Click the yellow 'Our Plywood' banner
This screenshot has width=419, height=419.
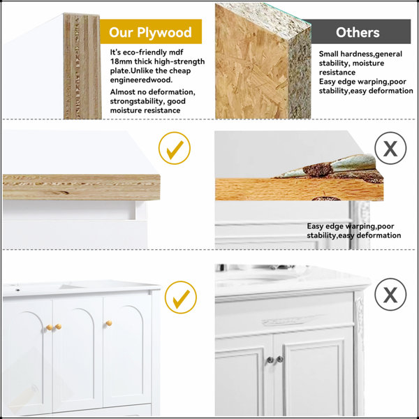(151, 31)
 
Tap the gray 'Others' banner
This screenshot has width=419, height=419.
(358, 31)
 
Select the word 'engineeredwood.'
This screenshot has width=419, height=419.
(141, 80)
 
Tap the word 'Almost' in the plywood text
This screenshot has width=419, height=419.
(122, 92)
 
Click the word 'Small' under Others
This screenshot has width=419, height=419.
(328, 54)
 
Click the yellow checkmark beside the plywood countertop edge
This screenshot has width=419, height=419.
(175, 148)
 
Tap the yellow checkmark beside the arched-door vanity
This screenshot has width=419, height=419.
(181, 297)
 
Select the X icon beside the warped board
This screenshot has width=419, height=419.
(390, 148)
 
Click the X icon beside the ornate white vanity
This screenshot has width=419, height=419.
(390, 295)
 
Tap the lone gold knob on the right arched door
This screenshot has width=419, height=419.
(109, 323)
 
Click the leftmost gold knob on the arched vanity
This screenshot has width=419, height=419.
(49, 328)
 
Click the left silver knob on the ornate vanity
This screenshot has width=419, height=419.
(270, 360)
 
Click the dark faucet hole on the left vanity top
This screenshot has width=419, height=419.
(17, 290)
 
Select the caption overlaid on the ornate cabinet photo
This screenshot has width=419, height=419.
(354, 231)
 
